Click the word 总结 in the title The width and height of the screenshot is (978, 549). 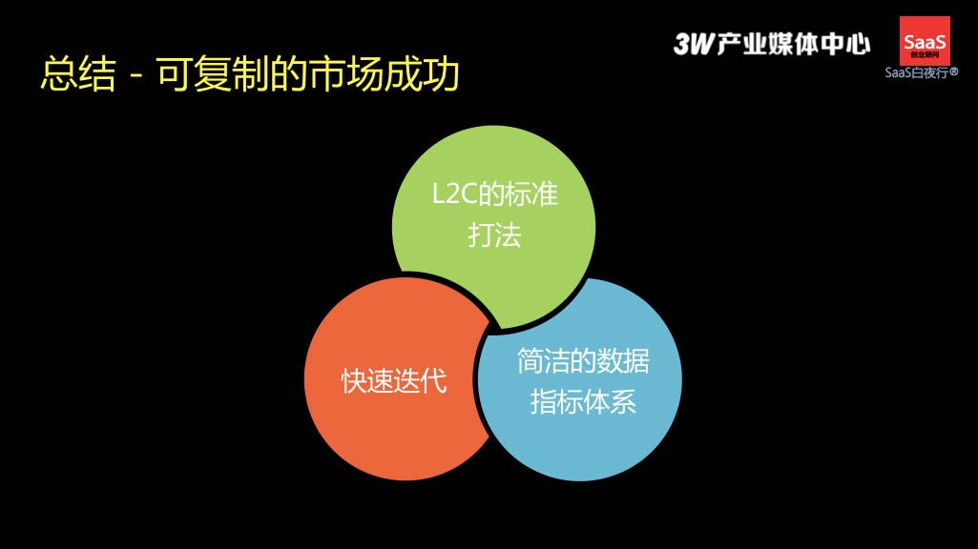[x=78, y=74]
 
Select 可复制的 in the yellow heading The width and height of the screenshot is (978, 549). [x=231, y=74]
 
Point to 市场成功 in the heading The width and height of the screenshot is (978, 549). [x=384, y=74]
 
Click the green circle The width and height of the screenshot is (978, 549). [x=493, y=227]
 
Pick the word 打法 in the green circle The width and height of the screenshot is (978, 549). [x=494, y=235]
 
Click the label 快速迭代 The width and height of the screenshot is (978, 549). [x=393, y=380]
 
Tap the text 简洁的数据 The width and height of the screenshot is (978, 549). [x=583, y=361]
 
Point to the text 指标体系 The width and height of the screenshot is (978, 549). [x=583, y=401]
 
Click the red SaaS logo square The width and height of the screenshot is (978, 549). [x=925, y=41]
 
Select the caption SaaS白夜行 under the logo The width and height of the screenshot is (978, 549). [x=917, y=72]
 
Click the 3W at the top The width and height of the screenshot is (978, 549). [x=694, y=44]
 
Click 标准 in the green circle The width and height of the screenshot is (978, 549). [x=531, y=193]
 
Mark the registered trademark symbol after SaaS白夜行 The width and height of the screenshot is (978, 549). [x=954, y=72]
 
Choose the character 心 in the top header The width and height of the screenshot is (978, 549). [x=858, y=44]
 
